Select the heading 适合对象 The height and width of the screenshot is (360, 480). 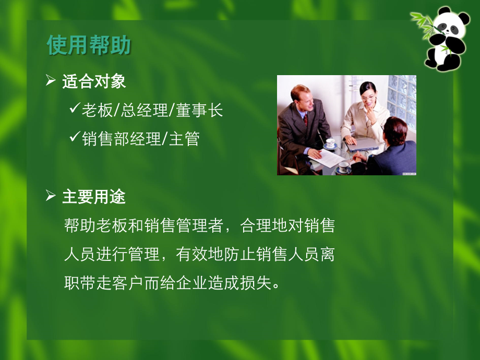tap(94, 81)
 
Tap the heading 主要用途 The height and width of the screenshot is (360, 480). tap(94, 197)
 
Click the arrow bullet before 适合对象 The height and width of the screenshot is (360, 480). tap(51, 81)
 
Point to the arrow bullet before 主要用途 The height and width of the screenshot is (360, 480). tap(51, 196)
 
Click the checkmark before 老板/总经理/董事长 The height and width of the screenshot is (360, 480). tap(74, 110)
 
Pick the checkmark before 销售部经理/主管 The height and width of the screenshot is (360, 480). tap(74, 138)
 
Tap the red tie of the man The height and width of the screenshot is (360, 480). tap(306, 119)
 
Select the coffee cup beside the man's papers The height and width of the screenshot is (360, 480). tap(330, 143)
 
